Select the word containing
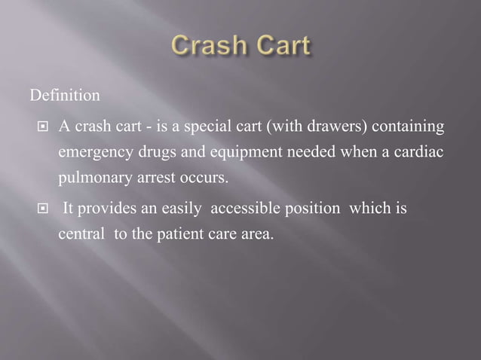pos(404,125)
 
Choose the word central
pos(81,234)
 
